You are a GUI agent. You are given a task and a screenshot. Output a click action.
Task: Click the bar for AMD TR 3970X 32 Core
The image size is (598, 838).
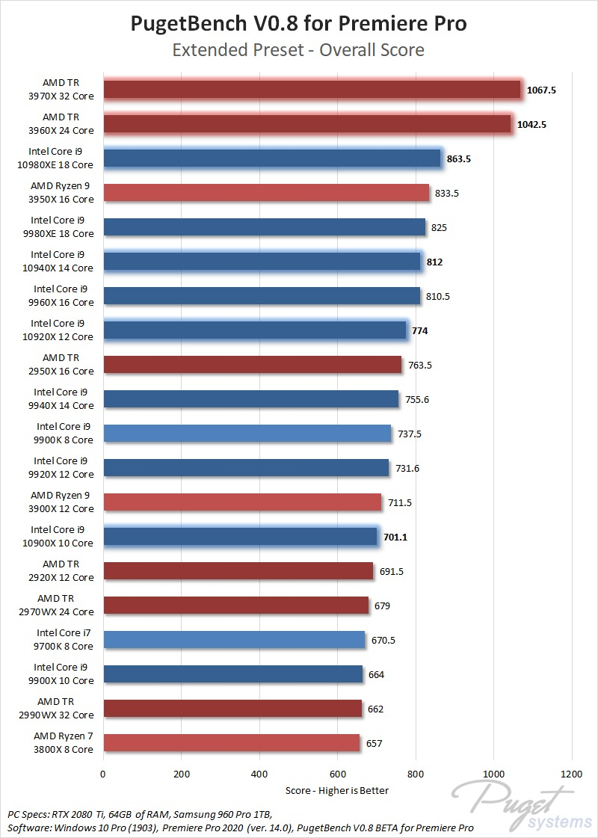pyautogui.click(x=312, y=90)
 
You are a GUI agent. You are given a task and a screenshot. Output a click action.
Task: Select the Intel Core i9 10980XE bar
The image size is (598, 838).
pyautogui.click(x=272, y=158)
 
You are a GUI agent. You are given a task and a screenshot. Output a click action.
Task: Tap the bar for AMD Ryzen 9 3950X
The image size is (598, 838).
pyautogui.click(x=266, y=193)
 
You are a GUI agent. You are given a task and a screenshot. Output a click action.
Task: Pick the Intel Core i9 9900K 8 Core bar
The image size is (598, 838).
pyautogui.click(x=247, y=434)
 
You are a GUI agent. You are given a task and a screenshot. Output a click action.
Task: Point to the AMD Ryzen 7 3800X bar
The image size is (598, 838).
pyautogui.click(x=231, y=743)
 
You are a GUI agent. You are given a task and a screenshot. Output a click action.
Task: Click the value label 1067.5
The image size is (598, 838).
pyautogui.click(x=542, y=90)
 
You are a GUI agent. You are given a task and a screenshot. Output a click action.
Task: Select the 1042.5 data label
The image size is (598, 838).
pyautogui.click(x=532, y=124)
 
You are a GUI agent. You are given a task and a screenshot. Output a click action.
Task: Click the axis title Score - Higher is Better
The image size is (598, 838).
pyautogui.click(x=337, y=790)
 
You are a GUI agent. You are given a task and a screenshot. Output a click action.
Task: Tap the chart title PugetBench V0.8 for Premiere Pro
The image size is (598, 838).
pyautogui.click(x=299, y=24)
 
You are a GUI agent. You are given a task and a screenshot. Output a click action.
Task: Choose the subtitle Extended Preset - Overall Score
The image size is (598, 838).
pyautogui.click(x=299, y=50)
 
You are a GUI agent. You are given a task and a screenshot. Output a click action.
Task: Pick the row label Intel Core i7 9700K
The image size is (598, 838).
pyautogui.click(x=65, y=640)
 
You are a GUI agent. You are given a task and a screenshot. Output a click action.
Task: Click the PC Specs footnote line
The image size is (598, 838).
pyautogui.click(x=141, y=814)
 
